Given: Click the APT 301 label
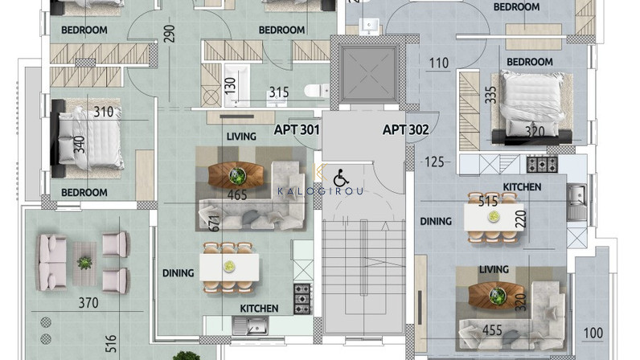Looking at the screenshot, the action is [x=297, y=130].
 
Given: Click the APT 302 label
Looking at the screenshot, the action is [x=406, y=130].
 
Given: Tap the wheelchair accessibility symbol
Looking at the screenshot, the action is [x=341, y=178].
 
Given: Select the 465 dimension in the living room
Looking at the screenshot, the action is [x=237, y=194].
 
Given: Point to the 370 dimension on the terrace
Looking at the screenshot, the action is [x=88, y=303].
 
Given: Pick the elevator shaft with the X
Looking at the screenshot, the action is [x=369, y=74].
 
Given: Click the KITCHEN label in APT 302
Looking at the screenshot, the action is [x=522, y=187].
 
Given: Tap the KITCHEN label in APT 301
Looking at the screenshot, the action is [x=259, y=309].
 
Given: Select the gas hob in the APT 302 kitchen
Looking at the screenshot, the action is [x=542, y=165].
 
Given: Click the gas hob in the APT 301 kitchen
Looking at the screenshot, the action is [x=302, y=299].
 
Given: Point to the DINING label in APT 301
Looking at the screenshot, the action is [x=178, y=273].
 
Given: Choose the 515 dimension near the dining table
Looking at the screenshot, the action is [x=488, y=201].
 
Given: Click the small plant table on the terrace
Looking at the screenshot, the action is [x=84, y=264].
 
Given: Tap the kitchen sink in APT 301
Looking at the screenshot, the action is [x=250, y=325].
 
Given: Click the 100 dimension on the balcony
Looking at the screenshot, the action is [x=593, y=333].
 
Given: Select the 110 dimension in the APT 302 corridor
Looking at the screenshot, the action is [x=439, y=63].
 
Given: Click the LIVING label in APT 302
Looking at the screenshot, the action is [x=494, y=269].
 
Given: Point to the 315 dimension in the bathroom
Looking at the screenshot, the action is [x=279, y=92].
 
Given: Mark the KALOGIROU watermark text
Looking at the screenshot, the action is [x=321, y=191].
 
